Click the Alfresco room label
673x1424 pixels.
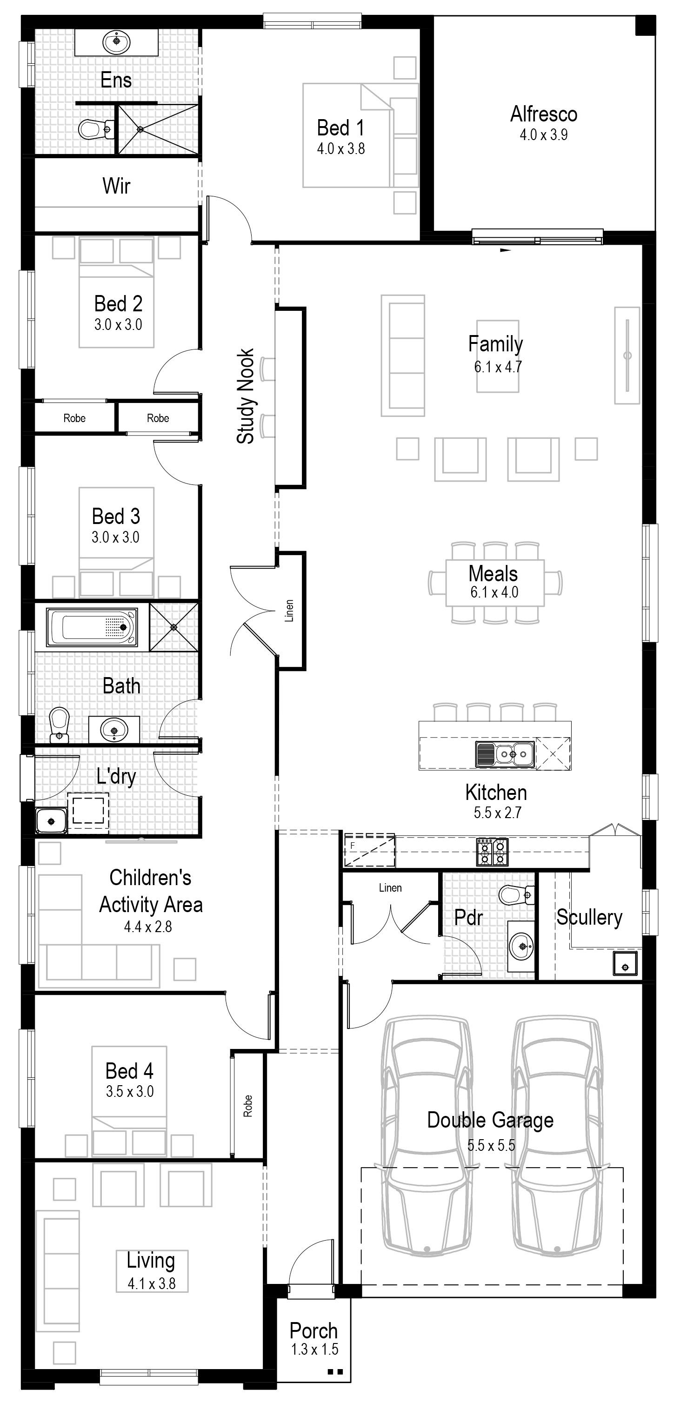click(544, 114)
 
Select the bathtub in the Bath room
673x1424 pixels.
click(92, 627)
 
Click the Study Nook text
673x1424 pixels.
click(245, 396)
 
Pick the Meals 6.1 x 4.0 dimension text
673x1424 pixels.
click(494, 592)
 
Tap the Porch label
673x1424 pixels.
click(313, 1330)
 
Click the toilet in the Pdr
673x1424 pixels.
click(517, 894)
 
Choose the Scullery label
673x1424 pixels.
click(589, 917)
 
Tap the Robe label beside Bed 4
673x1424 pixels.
click(247, 1106)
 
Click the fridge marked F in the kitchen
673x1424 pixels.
click(368, 851)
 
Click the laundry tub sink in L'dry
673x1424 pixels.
click(51, 821)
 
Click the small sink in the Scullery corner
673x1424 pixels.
click(625, 963)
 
